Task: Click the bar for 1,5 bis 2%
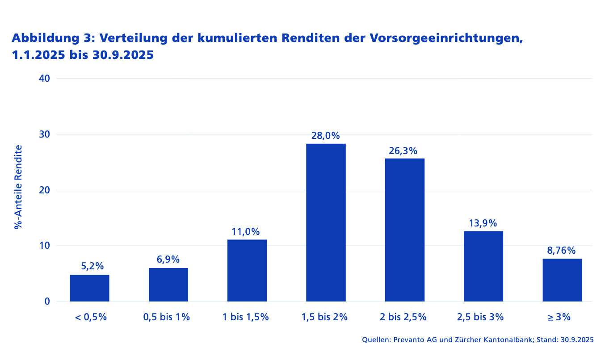[x=326, y=222]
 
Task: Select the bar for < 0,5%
[x=89, y=288]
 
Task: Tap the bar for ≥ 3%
[x=562, y=280]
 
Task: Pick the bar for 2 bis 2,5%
[x=404, y=230]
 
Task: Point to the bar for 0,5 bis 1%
[x=168, y=285]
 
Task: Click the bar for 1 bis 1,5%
[x=247, y=270]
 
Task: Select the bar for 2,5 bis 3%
[x=483, y=266]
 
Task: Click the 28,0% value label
[x=326, y=136]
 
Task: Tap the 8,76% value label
[x=561, y=251]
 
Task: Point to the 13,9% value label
[x=483, y=223]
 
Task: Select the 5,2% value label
[x=92, y=266]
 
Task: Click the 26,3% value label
[x=403, y=151]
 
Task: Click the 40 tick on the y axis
[x=44, y=79]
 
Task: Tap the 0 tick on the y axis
[x=47, y=301]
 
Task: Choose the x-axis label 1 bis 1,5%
[x=246, y=317]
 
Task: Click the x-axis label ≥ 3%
[x=559, y=317]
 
